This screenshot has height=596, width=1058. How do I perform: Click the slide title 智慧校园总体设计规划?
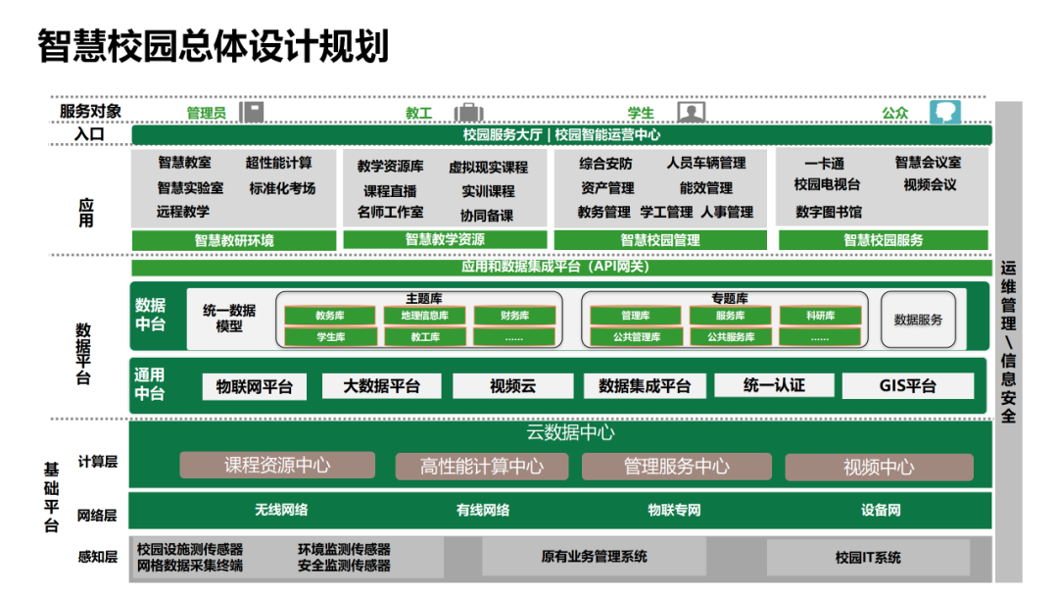click(x=213, y=46)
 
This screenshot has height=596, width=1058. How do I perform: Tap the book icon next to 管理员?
click(x=251, y=112)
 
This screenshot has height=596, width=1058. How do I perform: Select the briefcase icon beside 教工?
click(x=468, y=112)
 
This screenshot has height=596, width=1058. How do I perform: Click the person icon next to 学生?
click(x=692, y=112)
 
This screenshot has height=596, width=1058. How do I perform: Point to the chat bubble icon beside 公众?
click(x=945, y=112)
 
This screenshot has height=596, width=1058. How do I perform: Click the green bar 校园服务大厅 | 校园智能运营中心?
click(x=561, y=135)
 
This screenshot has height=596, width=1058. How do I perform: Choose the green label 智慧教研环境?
click(x=234, y=240)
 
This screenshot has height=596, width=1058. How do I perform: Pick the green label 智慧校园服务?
click(x=884, y=240)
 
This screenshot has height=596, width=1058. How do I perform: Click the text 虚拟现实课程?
click(x=488, y=168)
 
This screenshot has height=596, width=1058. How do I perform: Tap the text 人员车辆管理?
click(x=706, y=163)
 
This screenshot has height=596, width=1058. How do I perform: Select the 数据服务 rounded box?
click(x=918, y=320)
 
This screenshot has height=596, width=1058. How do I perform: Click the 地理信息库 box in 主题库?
click(x=418, y=316)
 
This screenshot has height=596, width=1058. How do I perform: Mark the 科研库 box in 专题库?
click(x=820, y=316)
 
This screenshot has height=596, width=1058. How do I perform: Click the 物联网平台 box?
click(x=255, y=386)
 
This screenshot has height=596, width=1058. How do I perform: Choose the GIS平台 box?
click(x=907, y=386)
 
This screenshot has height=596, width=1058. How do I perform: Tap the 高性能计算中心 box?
click(x=481, y=467)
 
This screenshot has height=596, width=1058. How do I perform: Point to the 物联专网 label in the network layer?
click(x=674, y=510)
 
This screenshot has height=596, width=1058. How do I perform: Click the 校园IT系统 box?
click(x=868, y=558)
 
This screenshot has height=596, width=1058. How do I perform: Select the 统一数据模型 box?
click(x=229, y=319)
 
